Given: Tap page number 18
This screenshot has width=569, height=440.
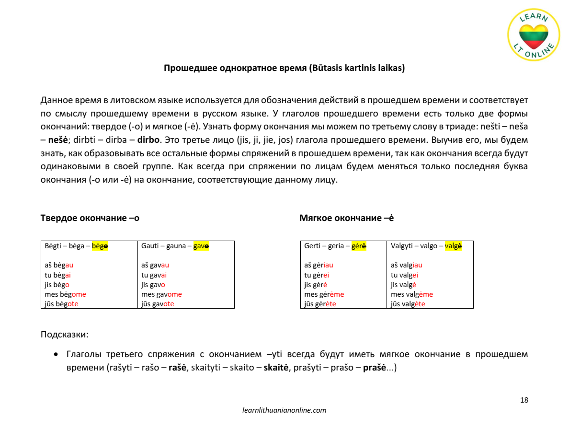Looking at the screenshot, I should click(x=524, y=400).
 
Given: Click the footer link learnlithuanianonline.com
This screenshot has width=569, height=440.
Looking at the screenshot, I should click(x=284, y=410).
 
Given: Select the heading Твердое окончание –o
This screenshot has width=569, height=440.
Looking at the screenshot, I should click(x=90, y=218).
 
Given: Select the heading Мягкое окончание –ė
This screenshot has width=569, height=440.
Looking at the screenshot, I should click(x=346, y=218).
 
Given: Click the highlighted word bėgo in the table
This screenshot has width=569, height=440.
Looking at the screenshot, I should click(x=100, y=246).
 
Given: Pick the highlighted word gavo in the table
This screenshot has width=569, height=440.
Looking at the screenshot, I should click(x=201, y=246).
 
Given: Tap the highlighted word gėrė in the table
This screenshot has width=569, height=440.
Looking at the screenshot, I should click(x=359, y=246).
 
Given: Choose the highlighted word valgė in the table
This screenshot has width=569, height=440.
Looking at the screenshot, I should click(x=453, y=246).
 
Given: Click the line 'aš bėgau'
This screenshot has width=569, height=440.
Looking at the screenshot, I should click(x=59, y=265).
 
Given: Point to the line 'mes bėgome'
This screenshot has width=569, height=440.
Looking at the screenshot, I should click(x=65, y=294).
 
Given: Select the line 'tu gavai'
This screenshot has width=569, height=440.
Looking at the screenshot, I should click(x=154, y=275).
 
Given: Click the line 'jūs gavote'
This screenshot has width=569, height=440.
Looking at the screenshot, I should click(x=158, y=304).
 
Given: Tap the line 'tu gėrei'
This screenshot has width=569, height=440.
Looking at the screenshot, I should click(x=317, y=275).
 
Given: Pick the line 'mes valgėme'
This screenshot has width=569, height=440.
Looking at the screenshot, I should click(x=411, y=294).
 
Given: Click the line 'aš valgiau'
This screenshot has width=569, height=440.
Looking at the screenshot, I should click(x=406, y=265).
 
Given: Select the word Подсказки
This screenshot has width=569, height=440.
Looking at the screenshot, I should click(x=64, y=335).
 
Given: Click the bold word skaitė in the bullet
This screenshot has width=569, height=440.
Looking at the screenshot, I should click(x=276, y=369).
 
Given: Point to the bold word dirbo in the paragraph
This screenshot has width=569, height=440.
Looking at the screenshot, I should click(x=149, y=140).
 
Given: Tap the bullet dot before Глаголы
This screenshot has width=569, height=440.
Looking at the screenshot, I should click(x=57, y=355).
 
